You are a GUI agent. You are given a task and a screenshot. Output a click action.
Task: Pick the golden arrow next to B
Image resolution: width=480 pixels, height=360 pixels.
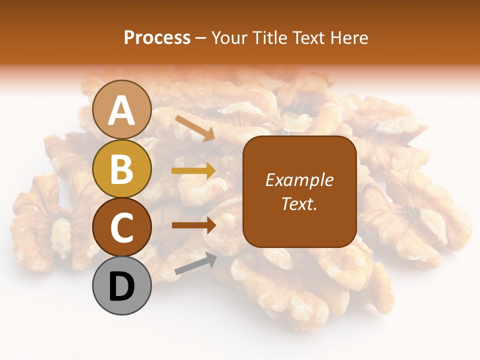[193, 171]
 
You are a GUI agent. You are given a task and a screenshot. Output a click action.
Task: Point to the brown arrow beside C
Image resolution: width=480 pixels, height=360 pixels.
[193, 225]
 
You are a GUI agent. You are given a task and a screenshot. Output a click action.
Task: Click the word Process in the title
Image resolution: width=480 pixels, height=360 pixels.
[157, 38]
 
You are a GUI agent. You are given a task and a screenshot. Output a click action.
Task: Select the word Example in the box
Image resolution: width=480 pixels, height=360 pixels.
[299, 180]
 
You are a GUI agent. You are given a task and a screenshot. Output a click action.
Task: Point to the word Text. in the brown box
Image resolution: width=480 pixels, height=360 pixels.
[299, 204]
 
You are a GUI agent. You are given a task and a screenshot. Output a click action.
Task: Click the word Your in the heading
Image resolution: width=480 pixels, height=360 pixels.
[228, 38]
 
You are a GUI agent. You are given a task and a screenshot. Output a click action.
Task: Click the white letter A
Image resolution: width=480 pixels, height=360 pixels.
[122, 111]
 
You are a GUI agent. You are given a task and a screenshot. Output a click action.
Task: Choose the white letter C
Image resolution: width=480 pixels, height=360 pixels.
[122, 228]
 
